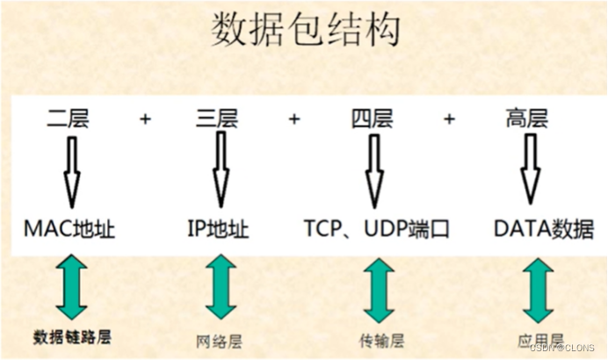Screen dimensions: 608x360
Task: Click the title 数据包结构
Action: click(305, 31)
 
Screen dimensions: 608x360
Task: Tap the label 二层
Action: click(69, 119)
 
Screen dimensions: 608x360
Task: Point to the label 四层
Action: click(372, 119)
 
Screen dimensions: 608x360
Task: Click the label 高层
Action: click(527, 119)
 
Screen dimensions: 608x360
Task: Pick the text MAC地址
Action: click(69, 230)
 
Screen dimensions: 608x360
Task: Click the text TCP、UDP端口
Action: click(377, 230)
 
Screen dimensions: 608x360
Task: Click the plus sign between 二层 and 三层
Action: click(145, 119)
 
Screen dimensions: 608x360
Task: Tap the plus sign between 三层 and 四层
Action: click(294, 119)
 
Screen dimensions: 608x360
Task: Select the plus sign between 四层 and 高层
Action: click(450, 119)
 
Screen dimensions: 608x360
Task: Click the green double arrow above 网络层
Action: click(221, 288)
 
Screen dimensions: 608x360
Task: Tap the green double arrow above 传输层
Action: click(378, 290)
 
